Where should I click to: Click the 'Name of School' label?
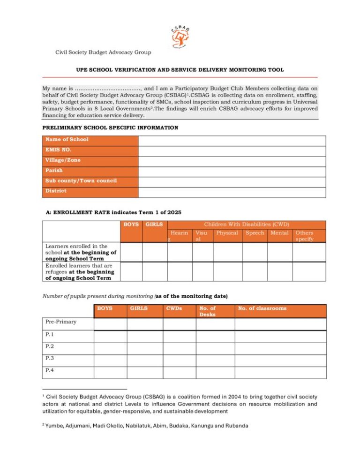67,140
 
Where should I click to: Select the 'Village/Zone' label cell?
63,160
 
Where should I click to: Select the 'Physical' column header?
227,233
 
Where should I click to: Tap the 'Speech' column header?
255,233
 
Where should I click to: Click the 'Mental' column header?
280,233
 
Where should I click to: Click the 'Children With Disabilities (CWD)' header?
246,225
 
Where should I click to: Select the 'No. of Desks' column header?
207,311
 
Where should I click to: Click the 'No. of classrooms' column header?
262,308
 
